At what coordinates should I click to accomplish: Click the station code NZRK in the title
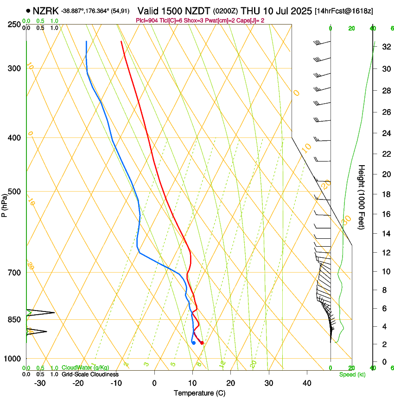(x=45, y=10)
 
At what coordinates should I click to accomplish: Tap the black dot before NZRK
(x=29, y=10)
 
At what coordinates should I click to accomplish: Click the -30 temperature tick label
(x=40, y=383)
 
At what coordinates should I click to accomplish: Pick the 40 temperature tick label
(x=307, y=383)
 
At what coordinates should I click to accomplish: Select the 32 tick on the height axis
(x=386, y=47)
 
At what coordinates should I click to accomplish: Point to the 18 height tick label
(x=386, y=194)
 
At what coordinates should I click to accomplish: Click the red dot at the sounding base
(x=202, y=343)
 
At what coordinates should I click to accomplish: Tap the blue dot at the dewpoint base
(x=193, y=343)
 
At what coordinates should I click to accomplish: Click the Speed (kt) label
(x=352, y=374)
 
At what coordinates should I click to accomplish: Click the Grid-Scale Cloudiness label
(x=90, y=374)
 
